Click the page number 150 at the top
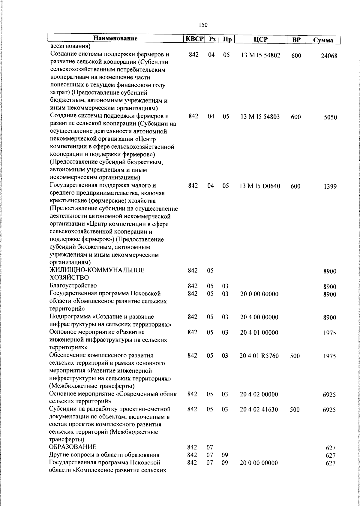(203, 25)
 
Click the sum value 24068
(329, 56)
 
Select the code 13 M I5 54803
(260, 117)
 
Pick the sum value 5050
(330, 117)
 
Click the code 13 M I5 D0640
(260, 186)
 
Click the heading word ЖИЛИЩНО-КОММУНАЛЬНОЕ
(97, 270)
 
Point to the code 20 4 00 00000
(259, 317)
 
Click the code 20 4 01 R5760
(259, 356)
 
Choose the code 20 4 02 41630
(259, 410)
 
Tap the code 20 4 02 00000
(259, 394)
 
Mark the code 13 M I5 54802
(260, 56)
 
